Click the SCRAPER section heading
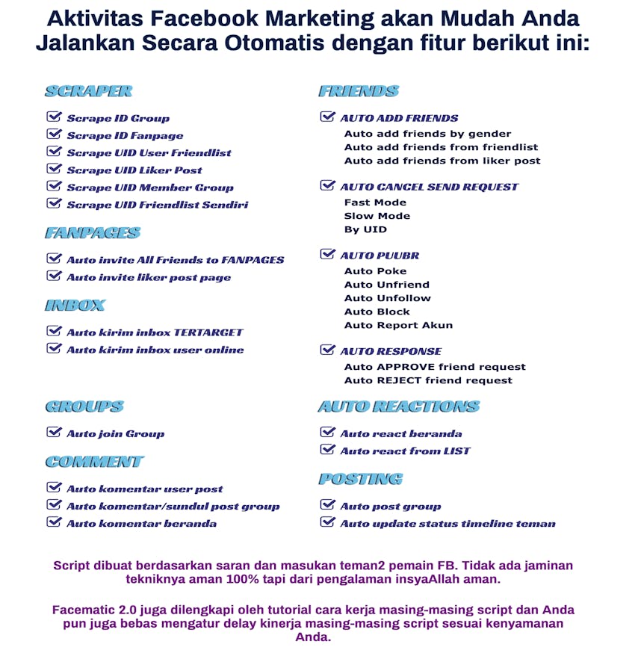point(88,91)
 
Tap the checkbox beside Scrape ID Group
point(54,117)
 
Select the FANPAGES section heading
point(92,233)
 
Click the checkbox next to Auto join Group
point(54,432)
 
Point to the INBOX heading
point(75,305)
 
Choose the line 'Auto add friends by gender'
point(427,134)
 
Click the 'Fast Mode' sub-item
point(375,202)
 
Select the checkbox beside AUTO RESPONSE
point(327,350)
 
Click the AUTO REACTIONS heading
point(398,406)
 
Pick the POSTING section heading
point(360,479)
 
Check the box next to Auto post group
point(327,505)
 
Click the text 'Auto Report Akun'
point(398,325)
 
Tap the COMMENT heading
point(94,462)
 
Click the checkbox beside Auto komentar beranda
point(54,522)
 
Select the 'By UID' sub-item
point(365,229)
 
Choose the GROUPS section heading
point(84,406)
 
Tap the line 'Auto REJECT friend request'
point(428,380)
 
